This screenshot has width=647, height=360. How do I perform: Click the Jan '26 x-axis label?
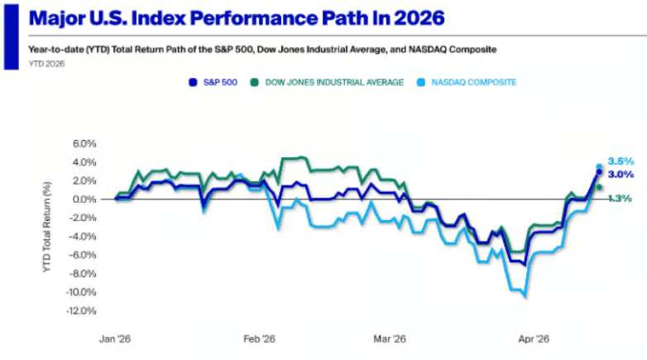pos(115,338)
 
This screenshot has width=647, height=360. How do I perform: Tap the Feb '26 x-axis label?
pos(260,338)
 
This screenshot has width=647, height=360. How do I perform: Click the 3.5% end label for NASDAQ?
pos(620,161)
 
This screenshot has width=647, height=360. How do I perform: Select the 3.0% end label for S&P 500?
pos(620,175)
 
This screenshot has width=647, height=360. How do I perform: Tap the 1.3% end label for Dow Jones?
pos(620,199)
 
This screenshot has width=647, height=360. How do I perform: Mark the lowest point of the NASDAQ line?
pos(525,296)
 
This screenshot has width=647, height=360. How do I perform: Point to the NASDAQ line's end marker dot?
pos(599,167)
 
